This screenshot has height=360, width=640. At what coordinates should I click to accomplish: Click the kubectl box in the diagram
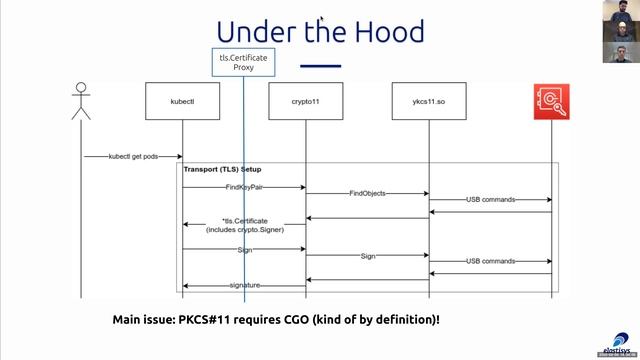[181, 103]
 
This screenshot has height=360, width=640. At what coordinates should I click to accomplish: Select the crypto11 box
[305, 103]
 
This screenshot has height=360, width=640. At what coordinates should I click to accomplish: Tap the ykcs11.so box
[428, 103]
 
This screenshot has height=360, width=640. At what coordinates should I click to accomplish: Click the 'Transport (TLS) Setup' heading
[222, 170]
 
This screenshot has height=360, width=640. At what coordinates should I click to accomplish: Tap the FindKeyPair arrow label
[243, 186]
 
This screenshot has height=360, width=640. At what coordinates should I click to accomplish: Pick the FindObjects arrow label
[367, 193]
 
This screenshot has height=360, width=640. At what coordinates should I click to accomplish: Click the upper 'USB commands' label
[490, 200]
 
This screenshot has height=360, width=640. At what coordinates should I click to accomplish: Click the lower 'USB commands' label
[490, 262]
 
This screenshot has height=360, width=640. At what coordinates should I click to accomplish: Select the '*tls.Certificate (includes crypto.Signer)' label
[243, 224]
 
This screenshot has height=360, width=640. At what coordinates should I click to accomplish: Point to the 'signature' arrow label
[245, 286]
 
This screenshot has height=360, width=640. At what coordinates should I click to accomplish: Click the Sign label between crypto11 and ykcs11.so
[367, 256]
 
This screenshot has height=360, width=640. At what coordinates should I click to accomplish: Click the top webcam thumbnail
[620, 16]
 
